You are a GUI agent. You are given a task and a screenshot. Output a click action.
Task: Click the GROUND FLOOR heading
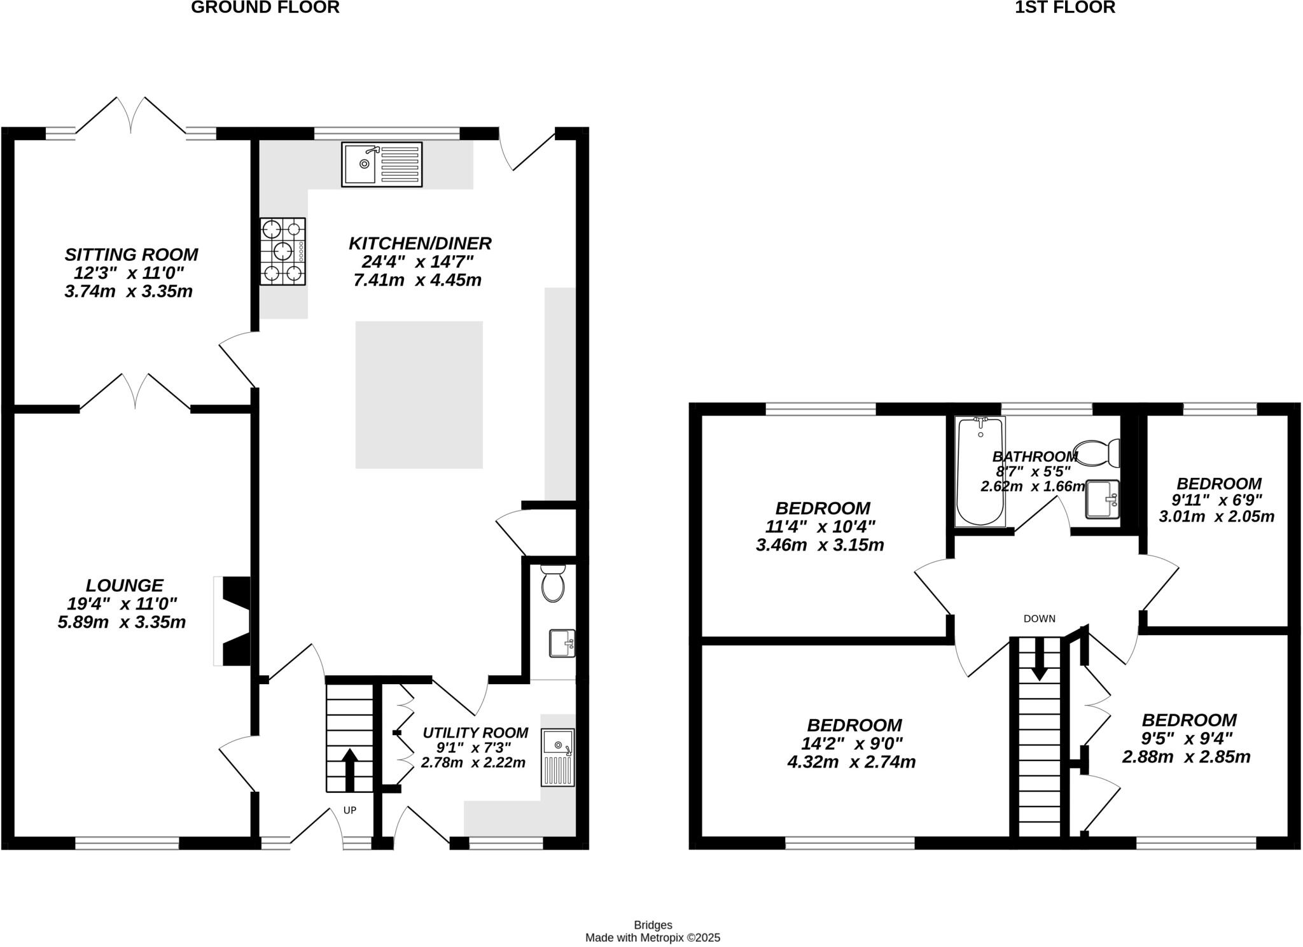[265, 8]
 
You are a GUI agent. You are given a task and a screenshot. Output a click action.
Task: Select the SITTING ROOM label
[131, 255]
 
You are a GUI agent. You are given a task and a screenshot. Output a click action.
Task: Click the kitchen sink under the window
[382, 164]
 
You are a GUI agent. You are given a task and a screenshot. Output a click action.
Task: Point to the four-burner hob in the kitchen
[282, 251]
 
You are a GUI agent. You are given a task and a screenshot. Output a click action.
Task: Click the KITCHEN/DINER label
[420, 243]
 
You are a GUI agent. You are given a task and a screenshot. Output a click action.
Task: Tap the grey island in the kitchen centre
[419, 395]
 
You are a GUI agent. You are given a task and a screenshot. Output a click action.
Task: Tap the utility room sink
[558, 757]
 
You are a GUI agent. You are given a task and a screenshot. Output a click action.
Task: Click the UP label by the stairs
[350, 810]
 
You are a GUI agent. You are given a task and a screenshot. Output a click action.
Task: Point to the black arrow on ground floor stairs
[349, 768]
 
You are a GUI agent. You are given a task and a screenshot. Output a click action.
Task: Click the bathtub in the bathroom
[980, 471]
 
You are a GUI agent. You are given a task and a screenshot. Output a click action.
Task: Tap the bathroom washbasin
[1102, 500]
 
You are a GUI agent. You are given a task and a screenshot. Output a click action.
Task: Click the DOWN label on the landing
[1040, 619]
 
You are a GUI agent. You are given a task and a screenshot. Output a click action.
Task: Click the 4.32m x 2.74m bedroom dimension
[851, 762]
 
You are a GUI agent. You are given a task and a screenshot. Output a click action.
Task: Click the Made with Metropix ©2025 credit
[653, 937]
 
